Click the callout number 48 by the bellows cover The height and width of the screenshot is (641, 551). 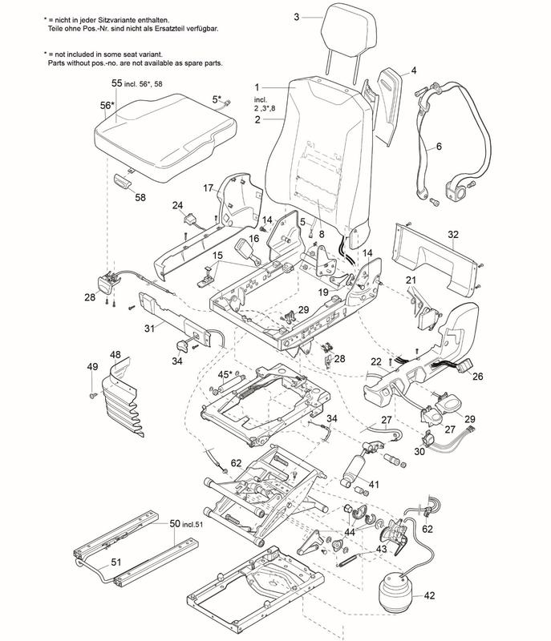coord(115,355)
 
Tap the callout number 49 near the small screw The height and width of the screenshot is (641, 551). coord(92,367)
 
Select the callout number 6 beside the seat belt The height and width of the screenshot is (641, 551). coord(439,147)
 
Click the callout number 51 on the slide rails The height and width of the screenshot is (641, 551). coord(115,562)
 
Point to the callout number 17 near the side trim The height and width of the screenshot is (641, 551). coord(207,188)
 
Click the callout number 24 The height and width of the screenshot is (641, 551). coord(178,205)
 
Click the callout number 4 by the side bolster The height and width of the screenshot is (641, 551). coord(414,71)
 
